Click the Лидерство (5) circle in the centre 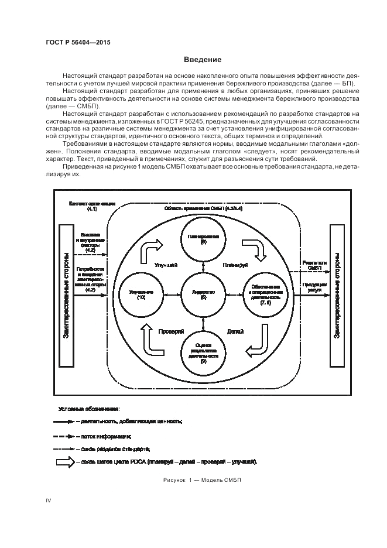pos(203,294)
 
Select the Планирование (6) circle pos(203,239)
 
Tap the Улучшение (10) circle pos(142,294)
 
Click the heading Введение pos(203,60)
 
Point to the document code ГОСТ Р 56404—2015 pos(78,43)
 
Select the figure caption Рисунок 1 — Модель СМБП pos(203,480)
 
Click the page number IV pos(49,499)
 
